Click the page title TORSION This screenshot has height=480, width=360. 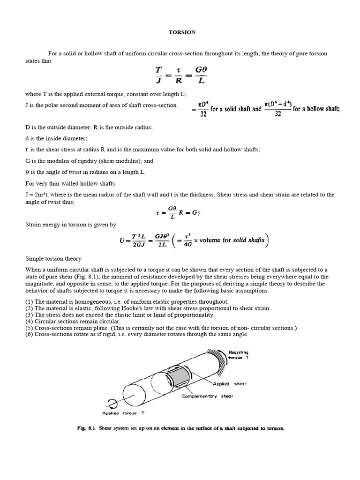[x=180, y=32]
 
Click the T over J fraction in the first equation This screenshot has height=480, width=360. [x=158, y=75]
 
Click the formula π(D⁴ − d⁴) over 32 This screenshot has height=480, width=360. [x=277, y=108]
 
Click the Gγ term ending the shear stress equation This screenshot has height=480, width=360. [x=202, y=212]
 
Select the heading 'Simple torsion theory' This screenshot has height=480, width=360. [x=53, y=258]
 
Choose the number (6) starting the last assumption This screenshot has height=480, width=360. [x=29, y=334]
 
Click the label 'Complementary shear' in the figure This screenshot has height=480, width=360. [x=207, y=396]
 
